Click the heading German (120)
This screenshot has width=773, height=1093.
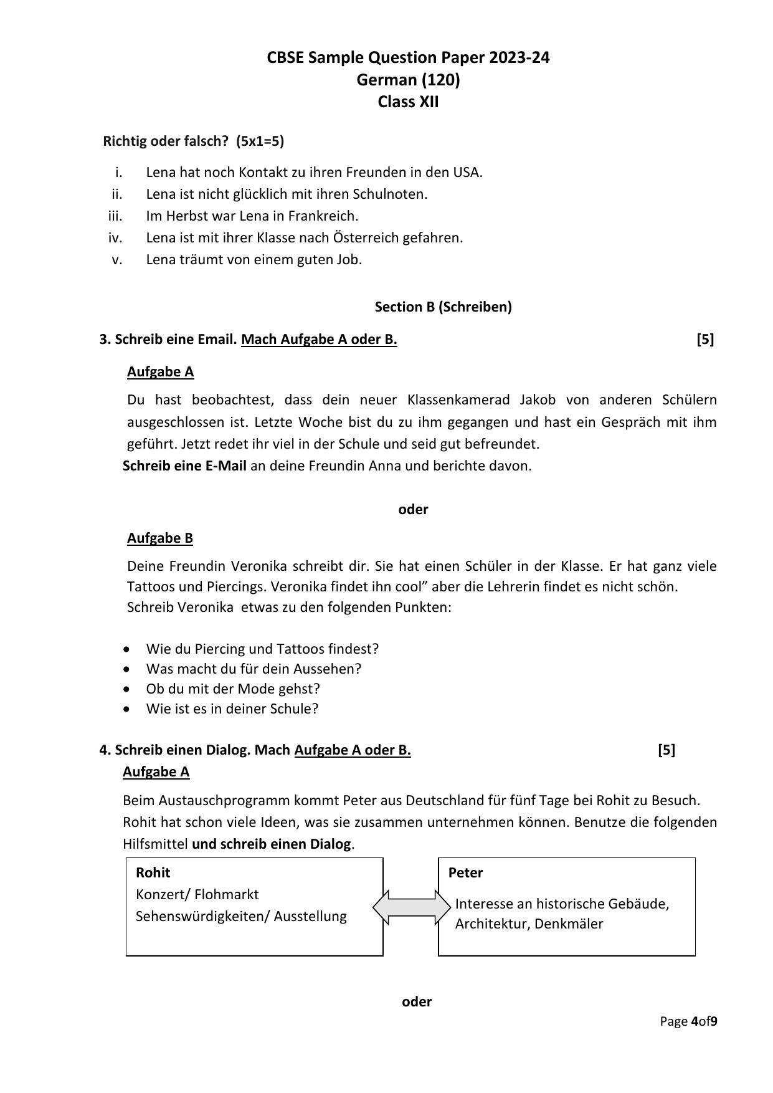pyautogui.click(x=408, y=80)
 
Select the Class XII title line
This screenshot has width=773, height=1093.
pyautogui.click(x=408, y=102)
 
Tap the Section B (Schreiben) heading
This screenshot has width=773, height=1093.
pyautogui.click(x=443, y=307)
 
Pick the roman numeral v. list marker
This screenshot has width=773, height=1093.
pyautogui.click(x=117, y=260)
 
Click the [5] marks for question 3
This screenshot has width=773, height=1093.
pyautogui.click(x=705, y=340)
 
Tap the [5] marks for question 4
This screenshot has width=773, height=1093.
pyautogui.click(x=666, y=750)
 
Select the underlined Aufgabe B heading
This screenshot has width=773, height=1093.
pyautogui.click(x=160, y=538)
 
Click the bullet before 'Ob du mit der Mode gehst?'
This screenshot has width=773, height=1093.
pyautogui.click(x=128, y=689)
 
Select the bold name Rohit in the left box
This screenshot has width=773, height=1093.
pyautogui.click(x=153, y=872)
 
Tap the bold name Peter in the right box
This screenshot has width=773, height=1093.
pyautogui.click(x=465, y=872)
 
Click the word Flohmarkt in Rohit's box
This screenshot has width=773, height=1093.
pyautogui.click(x=226, y=895)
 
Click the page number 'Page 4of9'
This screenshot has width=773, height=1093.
pyautogui.click(x=689, y=1021)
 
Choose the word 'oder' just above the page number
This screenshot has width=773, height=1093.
pyautogui.click(x=417, y=1001)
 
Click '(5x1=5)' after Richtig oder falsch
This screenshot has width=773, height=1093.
pyautogui.click(x=260, y=141)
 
